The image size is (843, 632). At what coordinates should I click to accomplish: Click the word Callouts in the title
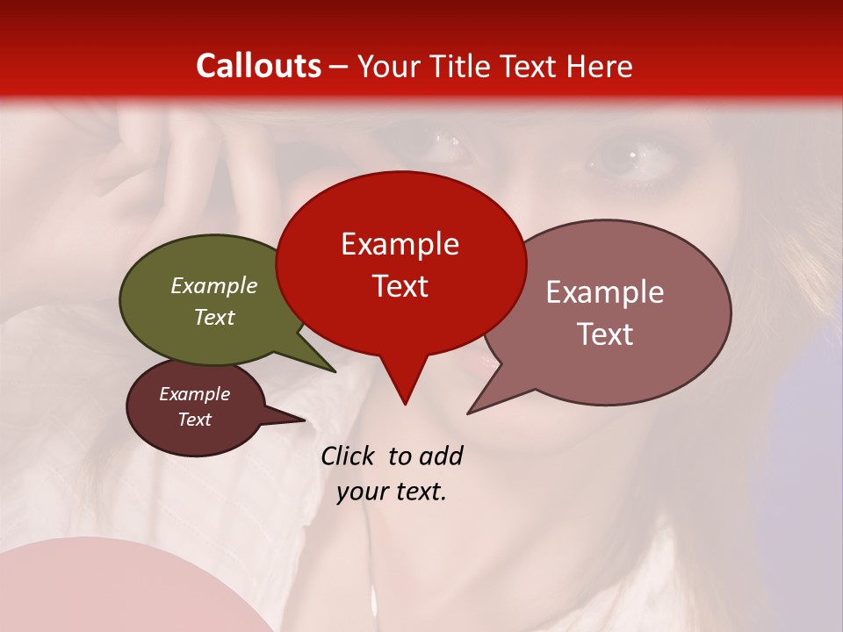click(258, 66)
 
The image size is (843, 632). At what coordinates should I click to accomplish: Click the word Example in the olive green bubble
click(214, 285)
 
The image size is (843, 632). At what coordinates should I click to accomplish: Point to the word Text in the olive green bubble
click(214, 317)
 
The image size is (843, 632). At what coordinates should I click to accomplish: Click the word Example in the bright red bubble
click(400, 244)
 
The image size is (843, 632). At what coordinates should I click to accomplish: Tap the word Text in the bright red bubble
click(400, 286)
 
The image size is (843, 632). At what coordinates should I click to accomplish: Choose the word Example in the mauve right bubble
click(605, 292)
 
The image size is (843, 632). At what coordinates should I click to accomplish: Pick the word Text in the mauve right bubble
click(605, 334)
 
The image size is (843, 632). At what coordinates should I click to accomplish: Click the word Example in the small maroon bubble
click(195, 394)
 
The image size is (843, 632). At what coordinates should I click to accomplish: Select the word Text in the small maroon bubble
click(195, 420)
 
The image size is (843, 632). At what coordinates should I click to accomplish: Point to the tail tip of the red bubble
click(405, 402)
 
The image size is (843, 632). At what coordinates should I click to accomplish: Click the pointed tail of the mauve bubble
click(472, 411)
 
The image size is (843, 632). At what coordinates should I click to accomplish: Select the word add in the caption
click(442, 456)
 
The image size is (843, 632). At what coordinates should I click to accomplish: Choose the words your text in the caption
click(392, 492)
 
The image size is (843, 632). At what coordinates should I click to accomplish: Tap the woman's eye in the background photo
click(626, 158)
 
